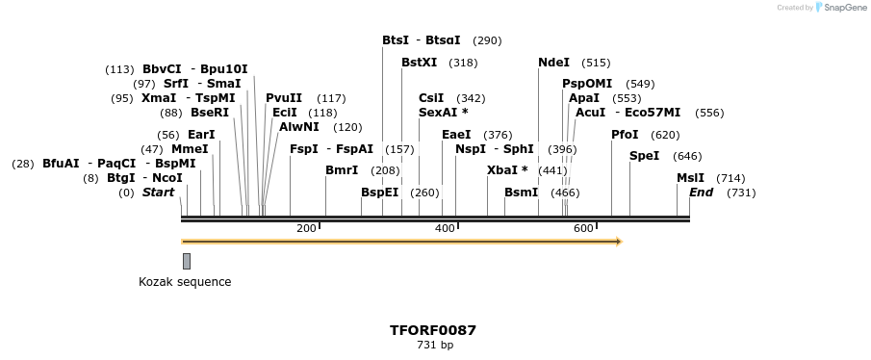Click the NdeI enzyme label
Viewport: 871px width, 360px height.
pyautogui.click(x=553, y=63)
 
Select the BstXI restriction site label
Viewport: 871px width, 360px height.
pyautogui.click(x=419, y=63)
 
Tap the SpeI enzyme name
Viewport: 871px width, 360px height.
pyautogui.click(x=644, y=156)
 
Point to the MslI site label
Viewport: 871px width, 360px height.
pyautogui.click(x=690, y=178)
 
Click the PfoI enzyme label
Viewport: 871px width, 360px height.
pyautogui.click(x=625, y=135)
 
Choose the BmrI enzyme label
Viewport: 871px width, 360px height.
pyautogui.click(x=342, y=170)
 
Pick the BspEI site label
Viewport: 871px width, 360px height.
pyautogui.click(x=379, y=193)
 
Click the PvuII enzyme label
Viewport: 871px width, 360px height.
pyautogui.click(x=284, y=98)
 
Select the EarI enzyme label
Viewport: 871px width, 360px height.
pyautogui.click(x=201, y=135)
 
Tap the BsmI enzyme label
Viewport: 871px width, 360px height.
pyautogui.click(x=521, y=193)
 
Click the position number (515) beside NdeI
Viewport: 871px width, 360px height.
pyautogui.click(x=596, y=63)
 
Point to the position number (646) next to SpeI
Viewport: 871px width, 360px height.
pyautogui.click(x=687, y=156)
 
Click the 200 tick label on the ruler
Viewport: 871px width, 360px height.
pyautogui.click(x=306, y=229)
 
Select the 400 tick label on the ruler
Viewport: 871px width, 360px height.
pyautogui.click(x=445, y=229)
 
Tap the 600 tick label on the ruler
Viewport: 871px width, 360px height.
pyautogui.click(x=583, y=229)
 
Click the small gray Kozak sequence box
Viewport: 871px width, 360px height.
pyautogui.click(x=187, y=261)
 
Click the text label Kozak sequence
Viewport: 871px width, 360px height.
pyautogui.click(x=185, y=282)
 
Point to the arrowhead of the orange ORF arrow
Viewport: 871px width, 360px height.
pyautogui.click(x=618, y=241)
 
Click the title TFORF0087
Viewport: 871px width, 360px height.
pyautogui.click(x=433, y=330)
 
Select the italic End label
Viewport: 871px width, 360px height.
pyautogui.click(x=701, y=193)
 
